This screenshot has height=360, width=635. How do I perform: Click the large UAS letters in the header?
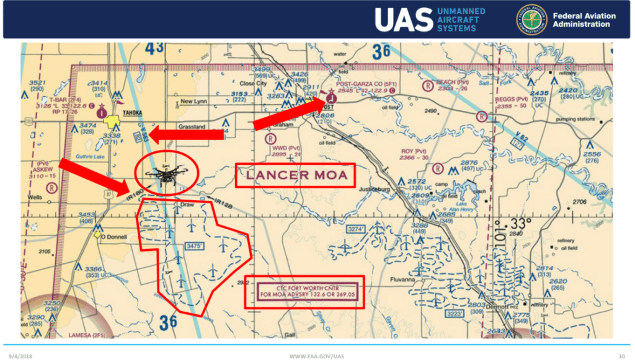pyautogui.click(x=403, y=20)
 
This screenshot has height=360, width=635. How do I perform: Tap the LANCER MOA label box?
pyautogui.click(x=295, y=176)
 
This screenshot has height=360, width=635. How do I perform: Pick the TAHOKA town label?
pyautogui.click(x=133, y=113)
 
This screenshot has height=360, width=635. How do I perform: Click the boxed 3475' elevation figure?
pyautogui.click(x=195, y=246)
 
